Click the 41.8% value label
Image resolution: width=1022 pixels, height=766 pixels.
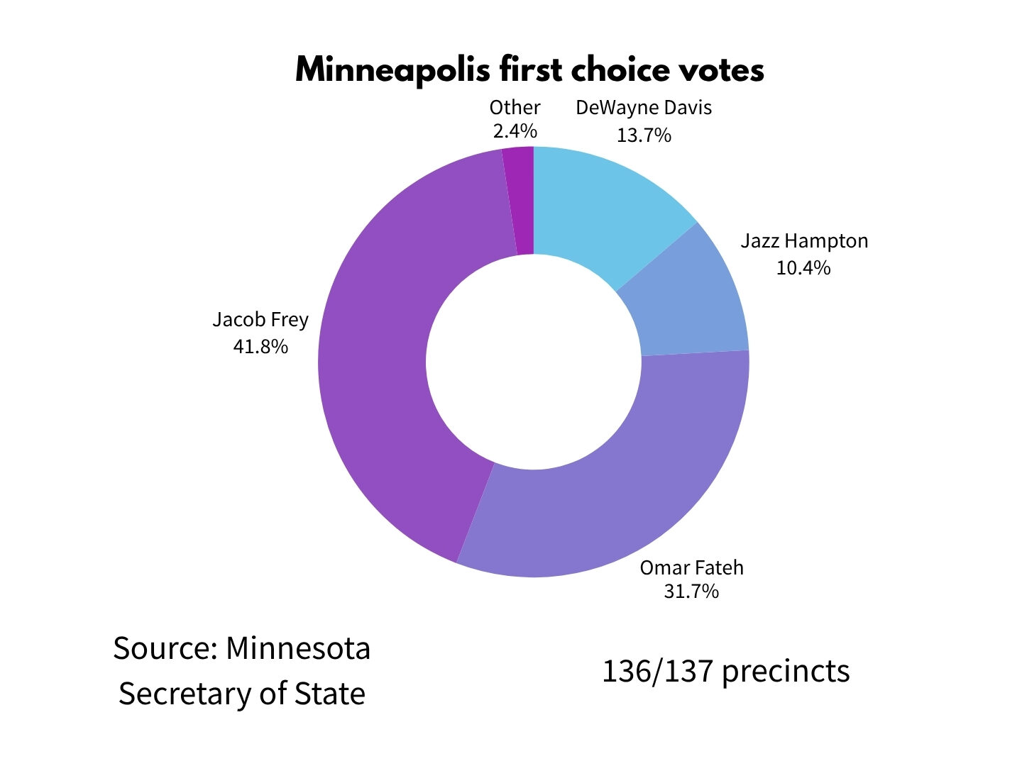point(260,347)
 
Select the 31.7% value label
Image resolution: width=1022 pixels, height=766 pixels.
point(691,592)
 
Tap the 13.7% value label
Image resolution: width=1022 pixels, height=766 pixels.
point(644,135)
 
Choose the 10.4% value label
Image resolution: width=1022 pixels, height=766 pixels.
point(803,268)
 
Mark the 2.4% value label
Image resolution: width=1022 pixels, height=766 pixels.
point(515,131)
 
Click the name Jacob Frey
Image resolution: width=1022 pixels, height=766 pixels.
point(260,320)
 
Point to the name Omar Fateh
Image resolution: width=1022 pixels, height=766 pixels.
point(691,568)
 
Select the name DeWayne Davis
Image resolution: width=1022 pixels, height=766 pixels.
point(644,109)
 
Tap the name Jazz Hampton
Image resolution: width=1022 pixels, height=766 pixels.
point(804,241)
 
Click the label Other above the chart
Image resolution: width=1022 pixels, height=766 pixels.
point(515,108)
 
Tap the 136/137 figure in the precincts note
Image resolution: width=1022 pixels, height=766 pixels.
point(657,671)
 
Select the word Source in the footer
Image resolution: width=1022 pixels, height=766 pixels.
point(165,648)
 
